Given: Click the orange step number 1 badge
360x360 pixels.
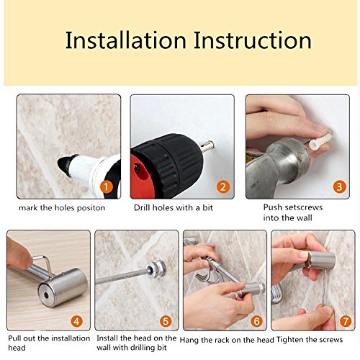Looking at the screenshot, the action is click(107, 186).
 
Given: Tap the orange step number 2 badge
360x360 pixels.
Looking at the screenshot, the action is click(223, 186).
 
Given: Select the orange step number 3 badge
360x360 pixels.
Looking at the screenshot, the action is click(339, 186).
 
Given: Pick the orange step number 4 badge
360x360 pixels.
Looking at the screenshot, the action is click(76, 321).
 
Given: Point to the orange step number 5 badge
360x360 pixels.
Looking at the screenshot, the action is click(166, 321).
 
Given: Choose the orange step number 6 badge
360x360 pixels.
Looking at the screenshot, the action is click(256, 321).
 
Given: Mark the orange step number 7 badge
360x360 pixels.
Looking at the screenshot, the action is click(346, 321).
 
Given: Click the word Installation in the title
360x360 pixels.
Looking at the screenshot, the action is click(126, 40).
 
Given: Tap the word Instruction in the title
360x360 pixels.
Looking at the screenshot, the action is click(253, 40).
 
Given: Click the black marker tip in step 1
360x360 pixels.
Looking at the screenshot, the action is click(63, 164).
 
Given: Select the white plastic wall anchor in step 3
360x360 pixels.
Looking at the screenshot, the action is click(320, 140).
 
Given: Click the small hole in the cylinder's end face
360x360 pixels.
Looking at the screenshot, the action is click(46, 295).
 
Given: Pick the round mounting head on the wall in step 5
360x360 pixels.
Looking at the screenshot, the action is click(157, 268).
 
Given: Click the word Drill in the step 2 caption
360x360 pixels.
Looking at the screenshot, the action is click(142, 207).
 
